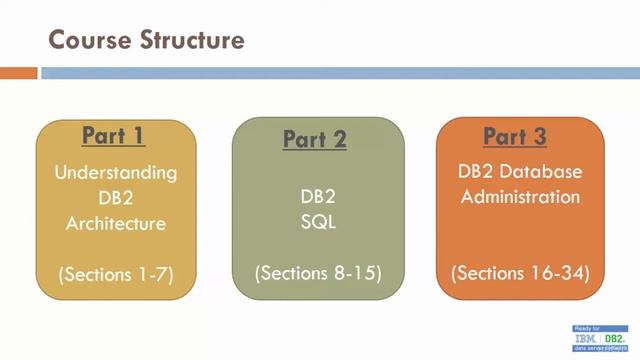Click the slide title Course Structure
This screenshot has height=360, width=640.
[147, 40]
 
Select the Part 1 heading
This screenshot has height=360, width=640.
[114, 135]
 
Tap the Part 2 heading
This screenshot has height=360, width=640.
[314, 140]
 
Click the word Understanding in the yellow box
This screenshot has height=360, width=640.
[115, 172]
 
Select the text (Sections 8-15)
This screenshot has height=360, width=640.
[317, 272]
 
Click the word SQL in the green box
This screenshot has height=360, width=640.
[317, 222]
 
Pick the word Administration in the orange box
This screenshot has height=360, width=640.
[519, 197]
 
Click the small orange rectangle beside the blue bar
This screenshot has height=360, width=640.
[18, 73]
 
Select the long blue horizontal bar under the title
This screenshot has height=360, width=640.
[339, 73]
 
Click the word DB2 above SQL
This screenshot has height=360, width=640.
[317, 197]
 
